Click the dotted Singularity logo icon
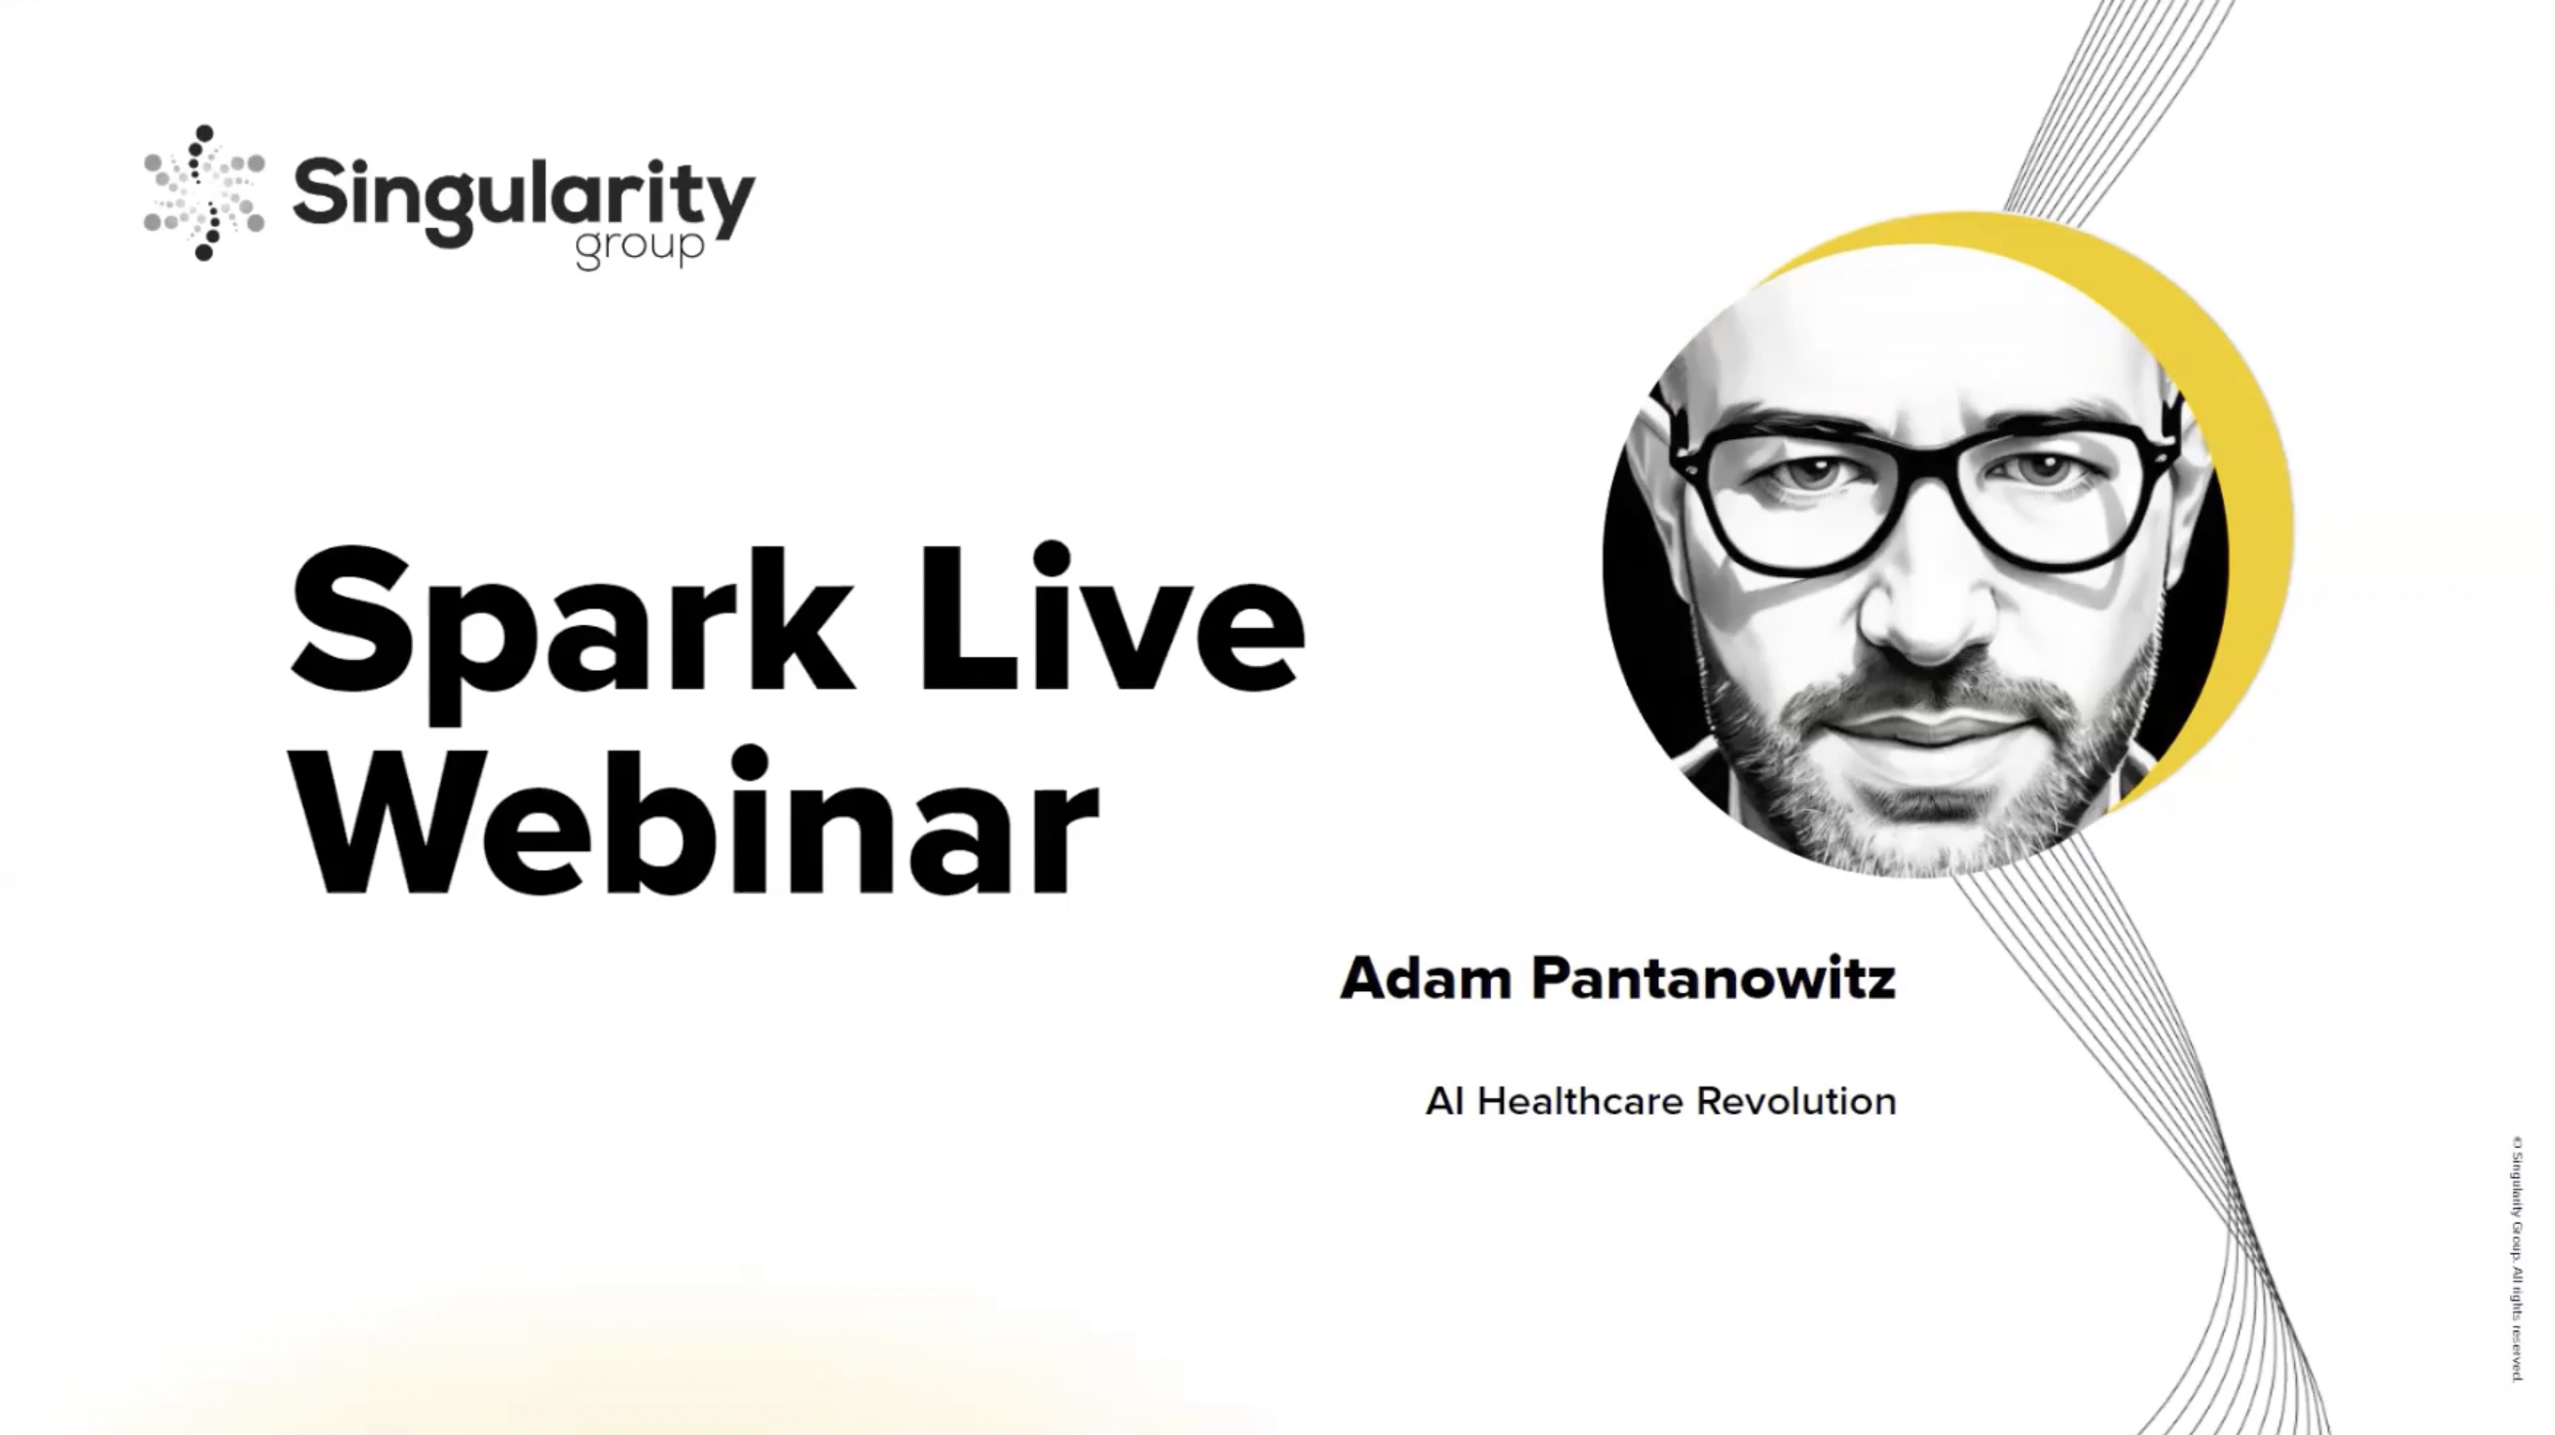point(204,194)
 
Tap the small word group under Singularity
point(640,247)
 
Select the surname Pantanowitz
point(1713,978)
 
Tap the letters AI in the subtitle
point(1444,1101)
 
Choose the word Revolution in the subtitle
point(1796,1101)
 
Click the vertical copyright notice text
point(2516,1260)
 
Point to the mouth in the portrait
point(1919,729)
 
